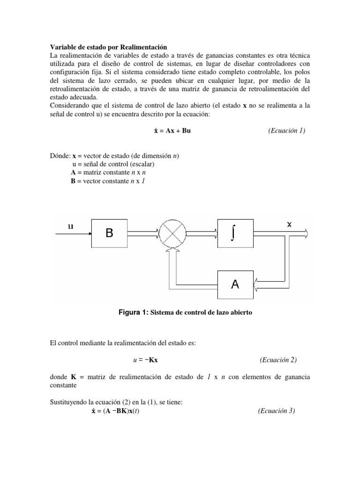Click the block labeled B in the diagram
pos(109,233)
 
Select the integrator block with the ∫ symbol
pos(235,233)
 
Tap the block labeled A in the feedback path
pos(235,284)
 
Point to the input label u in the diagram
pos(70,226)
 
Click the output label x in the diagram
pos(289,225)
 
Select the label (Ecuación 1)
pos(286,131)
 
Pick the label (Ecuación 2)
pos(278,360)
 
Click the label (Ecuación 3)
pos(276,411)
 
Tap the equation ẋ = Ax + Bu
pos(169,131)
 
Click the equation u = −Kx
pos(149,360)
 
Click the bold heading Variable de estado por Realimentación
pos(108,47)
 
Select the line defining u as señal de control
pos(113,165)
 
